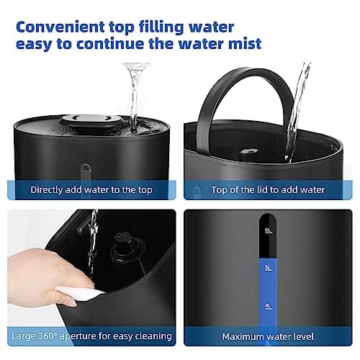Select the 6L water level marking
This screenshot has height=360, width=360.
pos(267,230)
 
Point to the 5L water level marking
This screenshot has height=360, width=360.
pos(267,268)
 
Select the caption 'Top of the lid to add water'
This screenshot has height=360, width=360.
pos(268,190)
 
